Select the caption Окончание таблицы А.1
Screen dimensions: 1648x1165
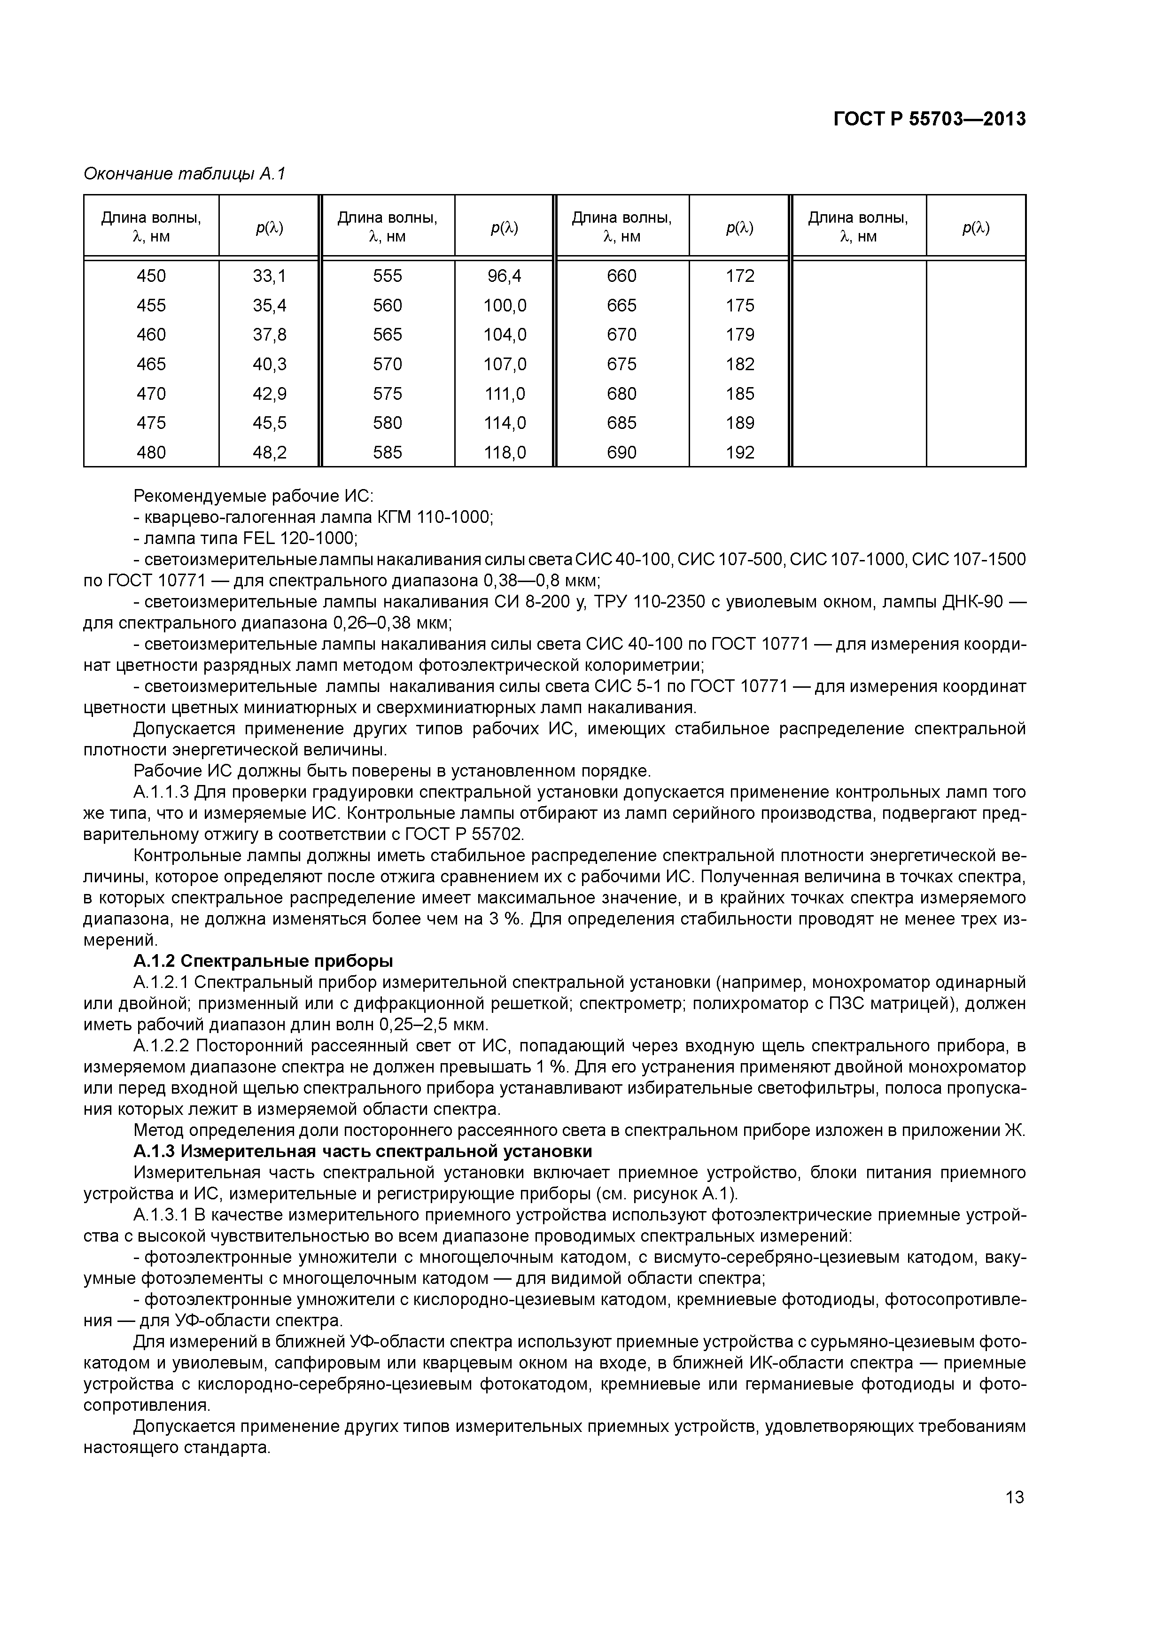[185, 174]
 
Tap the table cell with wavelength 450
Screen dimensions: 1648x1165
[151, 276]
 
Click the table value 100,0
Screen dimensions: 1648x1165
[505, 306]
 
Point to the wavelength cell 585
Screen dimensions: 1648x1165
[388, 453]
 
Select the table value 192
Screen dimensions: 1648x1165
[740, 453]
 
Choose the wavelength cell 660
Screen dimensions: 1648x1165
[621, 276]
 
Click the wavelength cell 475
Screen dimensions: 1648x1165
[151, 423]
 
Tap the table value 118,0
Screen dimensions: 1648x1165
[505, 453]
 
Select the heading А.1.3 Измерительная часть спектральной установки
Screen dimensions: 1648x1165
[363, 1151]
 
